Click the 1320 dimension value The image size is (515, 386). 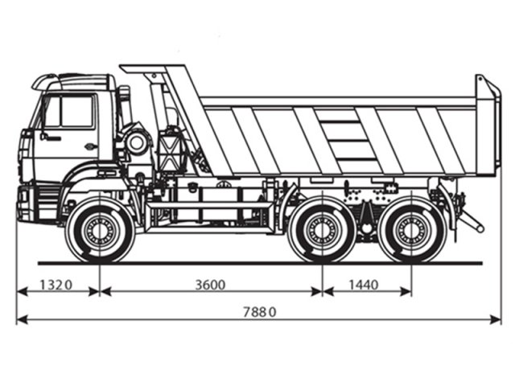click(56, 285)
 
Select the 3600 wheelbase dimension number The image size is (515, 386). click(209, 285)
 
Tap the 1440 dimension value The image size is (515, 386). click(365, 285)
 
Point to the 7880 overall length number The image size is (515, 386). click(257, 312)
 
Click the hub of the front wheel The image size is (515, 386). click(100, 231)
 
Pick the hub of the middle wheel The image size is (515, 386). click(322, 231)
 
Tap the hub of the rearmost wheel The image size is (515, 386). click(411, 231)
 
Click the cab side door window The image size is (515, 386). click(76, 112)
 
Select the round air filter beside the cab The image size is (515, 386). click(136, 143)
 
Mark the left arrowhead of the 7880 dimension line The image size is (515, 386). click(19, 320)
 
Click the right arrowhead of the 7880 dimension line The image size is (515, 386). click(496, 320)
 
